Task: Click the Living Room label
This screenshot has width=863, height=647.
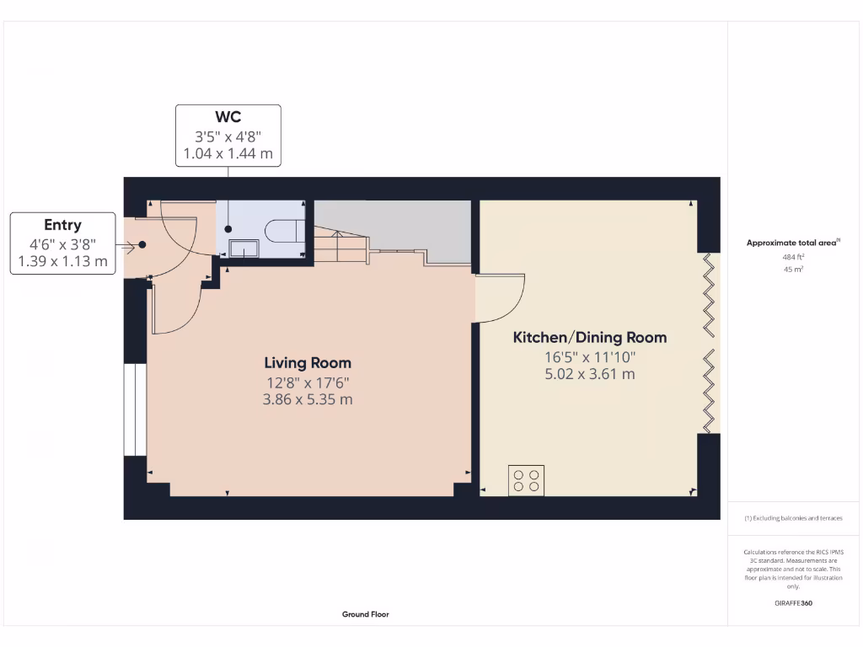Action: (308, 363)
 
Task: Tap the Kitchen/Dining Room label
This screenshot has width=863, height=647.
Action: (590, 338)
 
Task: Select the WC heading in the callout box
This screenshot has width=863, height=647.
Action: (228, 117)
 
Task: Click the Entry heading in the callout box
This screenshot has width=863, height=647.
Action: (62, 225)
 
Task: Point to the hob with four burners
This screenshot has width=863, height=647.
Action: (526, 480)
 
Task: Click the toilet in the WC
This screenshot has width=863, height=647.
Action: (282, 230)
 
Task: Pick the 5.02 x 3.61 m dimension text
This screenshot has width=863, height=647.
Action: (590, 374)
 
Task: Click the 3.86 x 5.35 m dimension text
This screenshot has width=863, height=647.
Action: (308, 399)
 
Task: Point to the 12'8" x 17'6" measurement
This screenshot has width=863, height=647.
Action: (308, 382)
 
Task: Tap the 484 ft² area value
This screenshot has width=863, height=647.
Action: (792, 258)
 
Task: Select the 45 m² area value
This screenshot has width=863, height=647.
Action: (792, 270)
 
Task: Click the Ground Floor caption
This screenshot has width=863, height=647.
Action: (366, 614)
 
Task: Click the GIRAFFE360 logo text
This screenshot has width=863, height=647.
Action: (793, 603)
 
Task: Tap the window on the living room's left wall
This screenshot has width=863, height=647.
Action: (134, 409)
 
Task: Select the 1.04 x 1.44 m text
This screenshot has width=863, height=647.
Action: (228, 154)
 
